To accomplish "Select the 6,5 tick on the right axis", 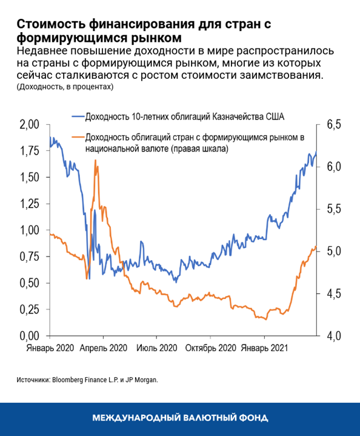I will click(334, 124).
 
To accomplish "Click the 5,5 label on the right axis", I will click(334, 209).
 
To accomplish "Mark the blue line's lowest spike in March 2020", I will click(87, 278).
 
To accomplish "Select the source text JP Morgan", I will click(140, 380).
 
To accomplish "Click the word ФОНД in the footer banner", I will click(254, 418).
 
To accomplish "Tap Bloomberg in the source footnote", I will click(73, 380).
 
